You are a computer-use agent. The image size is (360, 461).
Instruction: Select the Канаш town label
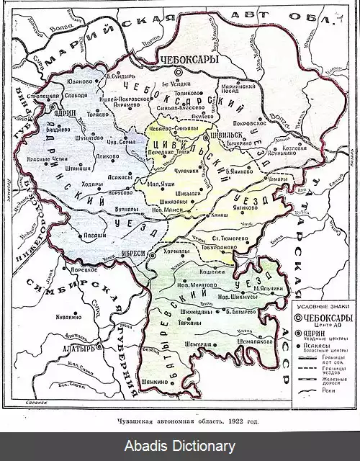pos(221,215)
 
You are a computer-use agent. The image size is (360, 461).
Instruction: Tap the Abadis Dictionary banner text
pos(180,447)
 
